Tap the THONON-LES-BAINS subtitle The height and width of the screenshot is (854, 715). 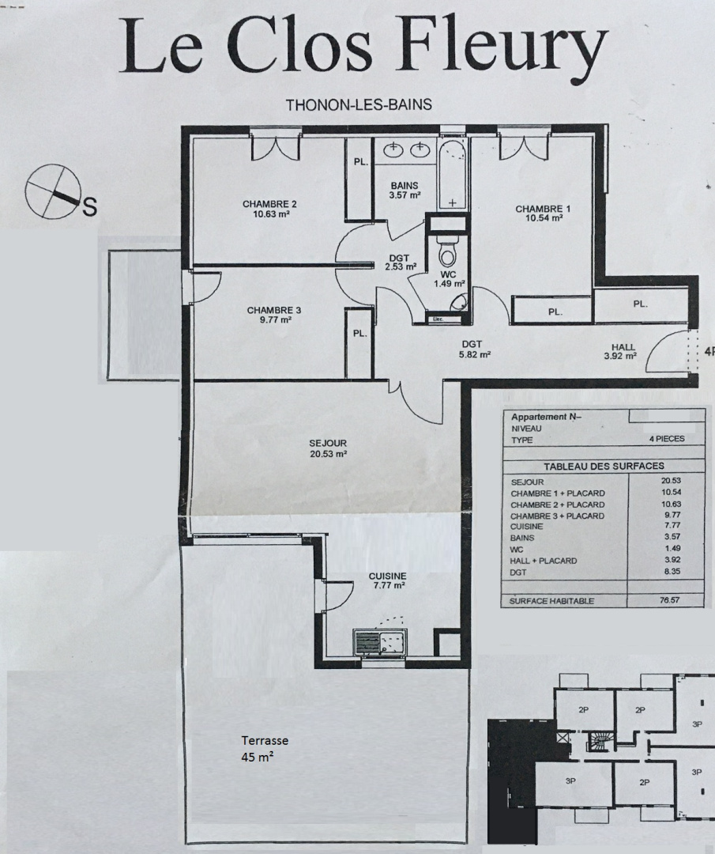click(x=359, y=104)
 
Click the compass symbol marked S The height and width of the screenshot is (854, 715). click(x=53, y=191)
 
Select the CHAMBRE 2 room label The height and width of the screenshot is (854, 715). click(x=269, y=204)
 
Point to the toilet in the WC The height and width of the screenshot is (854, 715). click(x=447, y=253)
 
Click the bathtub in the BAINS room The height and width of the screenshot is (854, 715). click(x=453, y=174)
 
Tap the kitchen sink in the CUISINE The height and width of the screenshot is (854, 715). click(x=379, y=643)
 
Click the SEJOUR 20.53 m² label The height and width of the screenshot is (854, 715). click(x=328, y=448)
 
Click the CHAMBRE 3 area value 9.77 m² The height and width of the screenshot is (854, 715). click(x=276, y=319)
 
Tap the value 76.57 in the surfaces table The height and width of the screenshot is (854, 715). click(x=670, y=600)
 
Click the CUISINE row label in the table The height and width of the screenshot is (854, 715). click(x=526, y=527)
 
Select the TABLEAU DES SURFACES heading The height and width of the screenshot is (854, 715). click(x=604, y=467)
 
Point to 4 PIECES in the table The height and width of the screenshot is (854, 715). click(x=667, y=438)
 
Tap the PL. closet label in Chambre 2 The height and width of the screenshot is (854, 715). click(x=361, y=162)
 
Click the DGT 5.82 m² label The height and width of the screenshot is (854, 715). click(x=472, y=350)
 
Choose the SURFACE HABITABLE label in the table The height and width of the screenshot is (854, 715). click(x=551, y=601)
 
